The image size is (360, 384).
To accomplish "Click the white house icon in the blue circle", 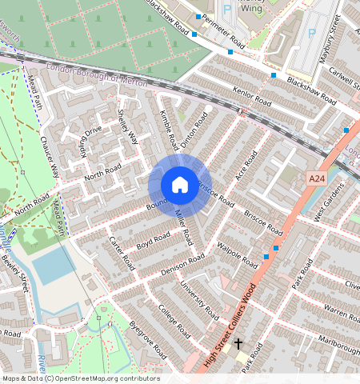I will click(180, 185).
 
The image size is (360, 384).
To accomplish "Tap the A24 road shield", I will click(318, 177).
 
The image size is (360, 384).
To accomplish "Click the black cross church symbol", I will click(238, 343).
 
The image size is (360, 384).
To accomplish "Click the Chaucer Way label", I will click(50, 158).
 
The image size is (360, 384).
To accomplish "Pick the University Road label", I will click(198, 298).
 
